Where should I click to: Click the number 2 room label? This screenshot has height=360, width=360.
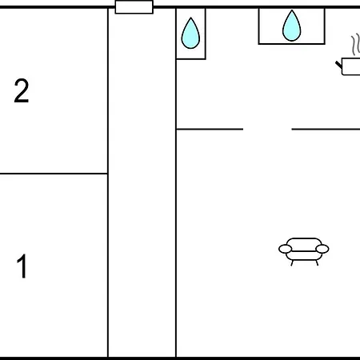[x=22, y=90]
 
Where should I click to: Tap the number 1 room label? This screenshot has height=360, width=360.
[x=22, y=266]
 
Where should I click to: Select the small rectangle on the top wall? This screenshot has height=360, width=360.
[x=134, y=7]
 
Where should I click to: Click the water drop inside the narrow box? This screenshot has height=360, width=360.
[x=190, y=33]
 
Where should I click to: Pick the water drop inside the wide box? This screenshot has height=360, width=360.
[x=292, y=26]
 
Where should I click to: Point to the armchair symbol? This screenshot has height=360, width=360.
[x=304, y=251]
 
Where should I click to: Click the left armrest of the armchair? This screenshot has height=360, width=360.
[x=285, y=249]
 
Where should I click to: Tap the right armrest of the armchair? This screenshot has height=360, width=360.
[x=322, y=249]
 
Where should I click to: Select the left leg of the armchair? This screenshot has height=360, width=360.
[x=292, y=263]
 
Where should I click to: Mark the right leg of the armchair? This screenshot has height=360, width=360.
[x=317, y=263]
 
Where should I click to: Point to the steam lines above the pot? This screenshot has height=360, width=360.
[x=355, y=45]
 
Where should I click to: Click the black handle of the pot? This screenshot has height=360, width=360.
[x=338, y=64]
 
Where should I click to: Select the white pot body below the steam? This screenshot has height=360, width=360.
[x=351, y=66]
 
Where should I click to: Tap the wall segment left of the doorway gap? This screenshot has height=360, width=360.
[x=210, y=129]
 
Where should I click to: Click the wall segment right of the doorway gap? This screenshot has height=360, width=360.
[x=326, y=129]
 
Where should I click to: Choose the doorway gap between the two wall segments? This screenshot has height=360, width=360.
[x=267, y=129]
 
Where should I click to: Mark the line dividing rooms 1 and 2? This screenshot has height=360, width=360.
[x=54, y=174]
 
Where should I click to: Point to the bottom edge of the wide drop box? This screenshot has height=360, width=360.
[x=292, y=43]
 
